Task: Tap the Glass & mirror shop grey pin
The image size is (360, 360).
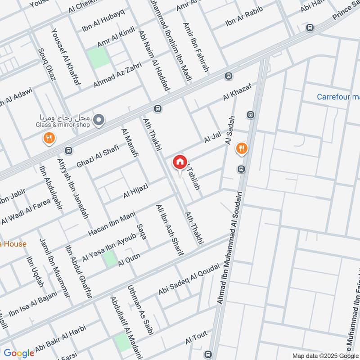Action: (99, 119)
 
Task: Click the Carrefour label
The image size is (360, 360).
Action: (338, 97)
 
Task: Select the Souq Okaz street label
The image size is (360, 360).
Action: (46, 64)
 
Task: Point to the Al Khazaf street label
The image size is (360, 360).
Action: (236, 91)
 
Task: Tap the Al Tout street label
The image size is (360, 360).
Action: (195, 340)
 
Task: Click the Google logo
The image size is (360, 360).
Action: (19, 353)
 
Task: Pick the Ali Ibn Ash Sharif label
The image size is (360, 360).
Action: (170, 230)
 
